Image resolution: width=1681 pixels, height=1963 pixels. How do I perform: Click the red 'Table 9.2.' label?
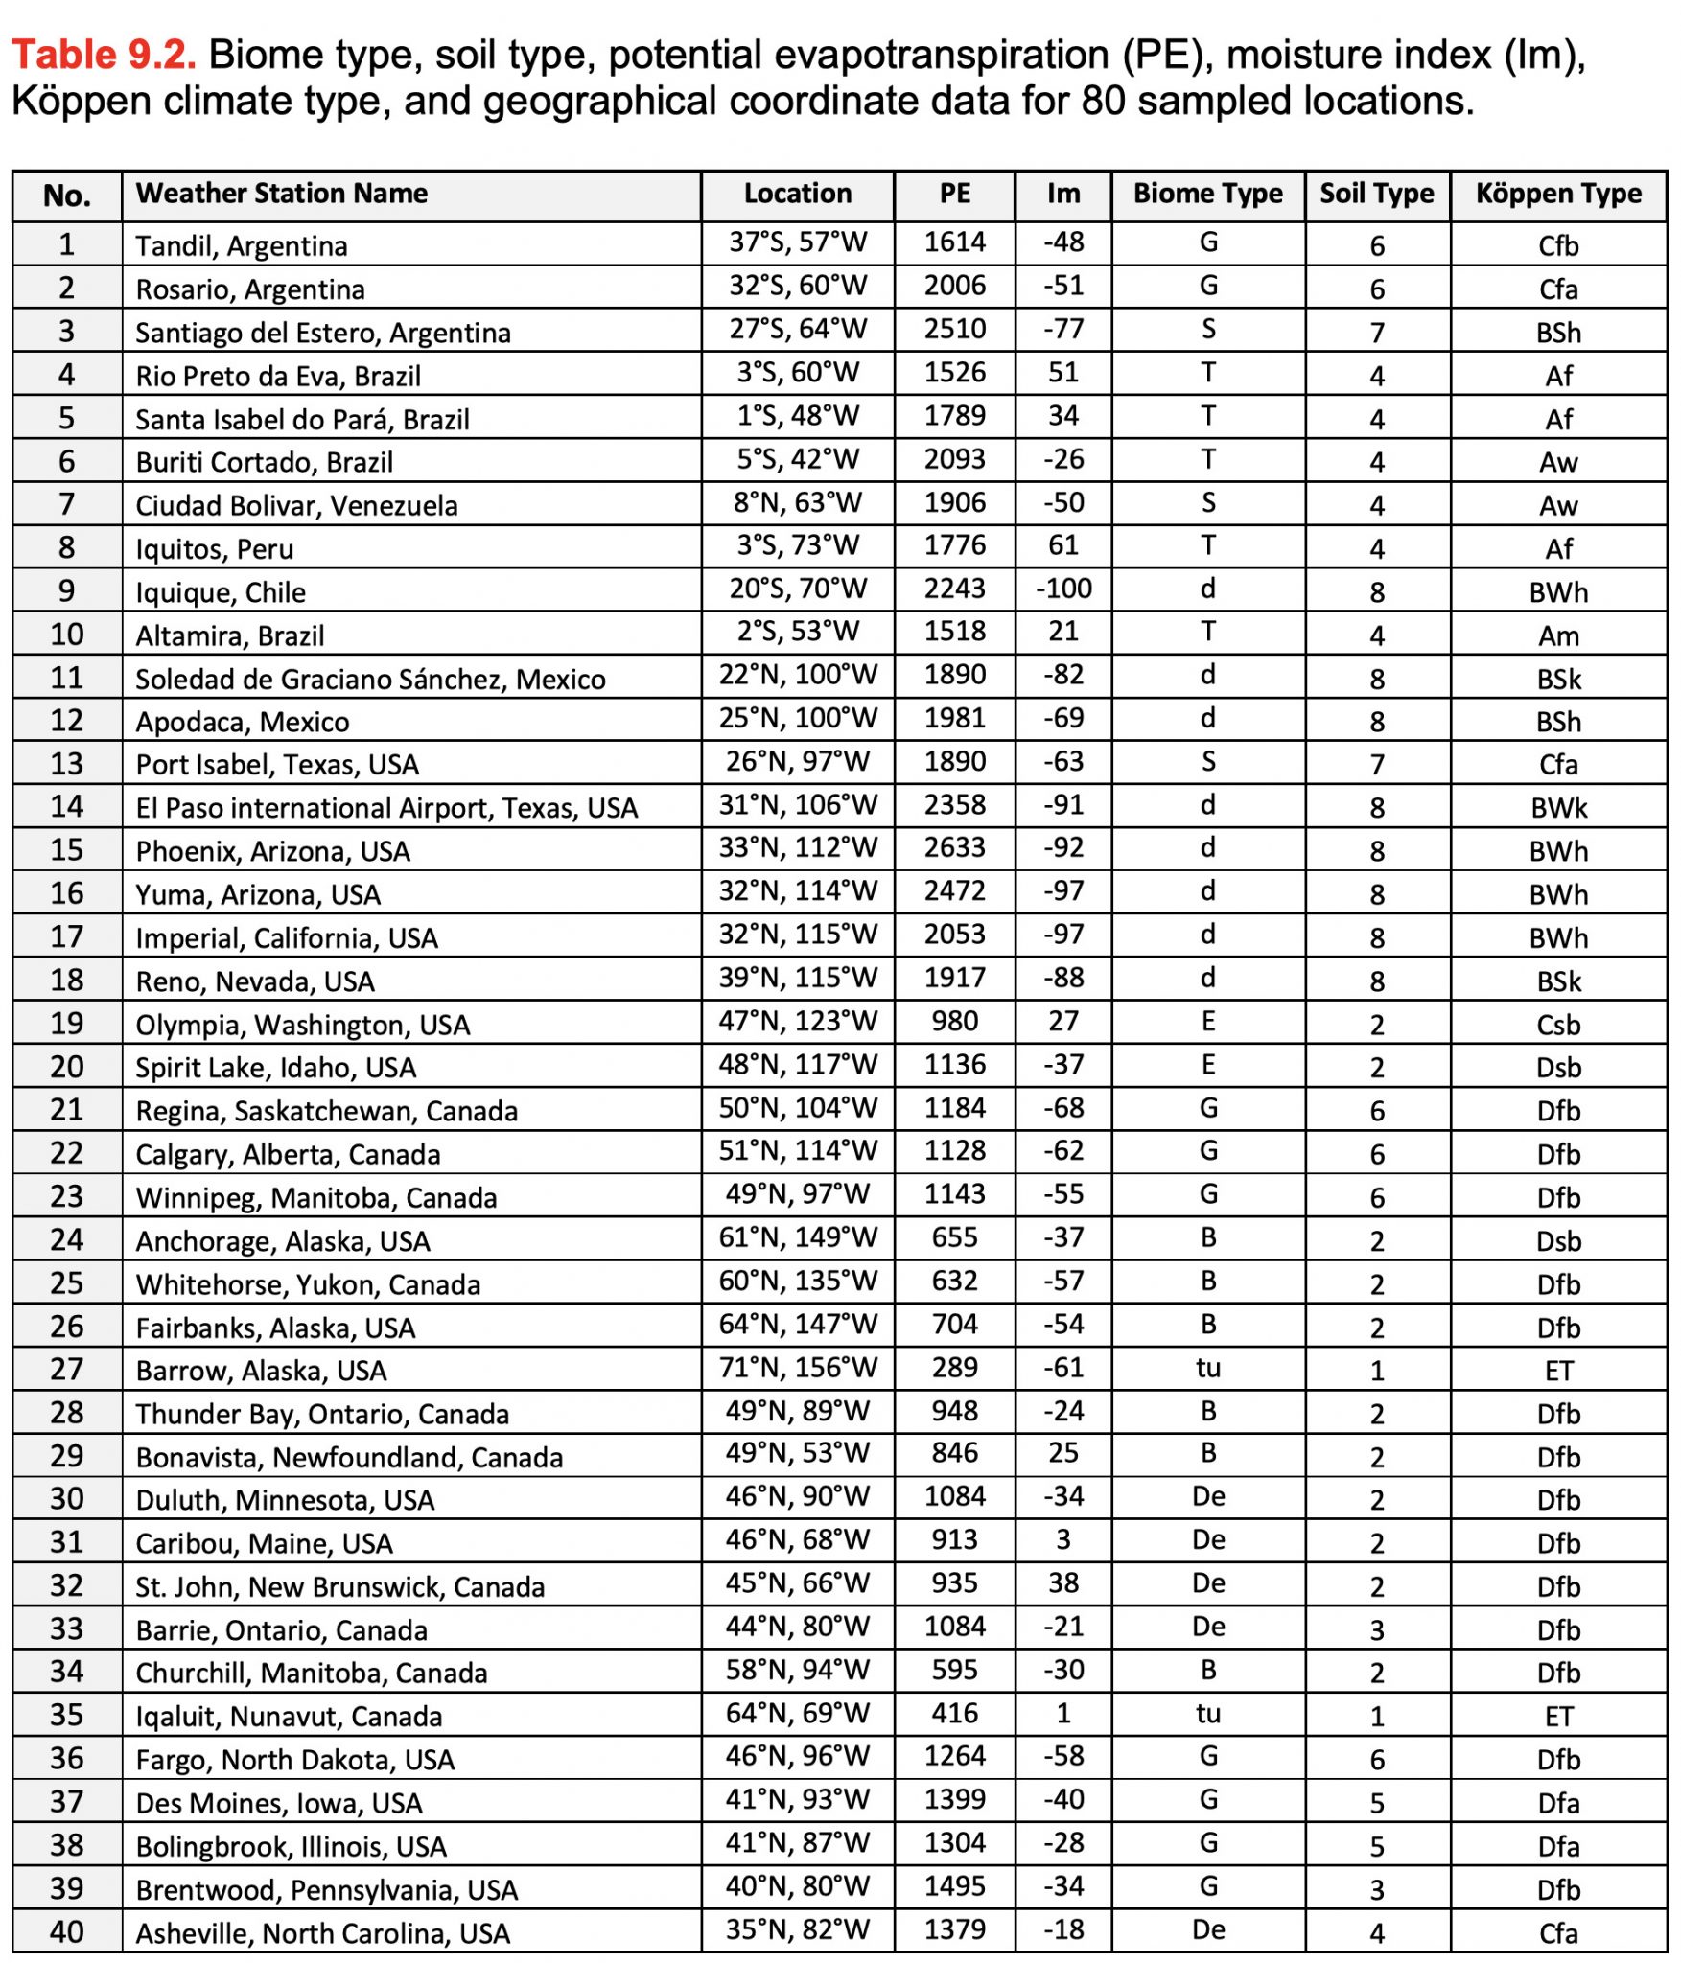[x=104, y=56]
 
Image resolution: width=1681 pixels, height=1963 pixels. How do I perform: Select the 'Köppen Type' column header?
[x=1557, y=195]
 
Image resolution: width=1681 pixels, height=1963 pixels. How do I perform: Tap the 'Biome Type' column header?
[x=1207, y=195]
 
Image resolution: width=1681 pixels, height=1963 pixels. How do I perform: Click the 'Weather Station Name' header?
[x=281, y=195]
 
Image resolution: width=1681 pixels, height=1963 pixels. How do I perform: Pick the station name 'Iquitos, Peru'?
[x=214, y=549]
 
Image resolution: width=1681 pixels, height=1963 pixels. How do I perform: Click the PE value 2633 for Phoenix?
[x=954, y=849]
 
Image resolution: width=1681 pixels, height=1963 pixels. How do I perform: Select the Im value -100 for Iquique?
[x=1062, y=589]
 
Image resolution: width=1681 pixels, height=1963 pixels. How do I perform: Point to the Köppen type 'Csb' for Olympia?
[x=1557, y=1025]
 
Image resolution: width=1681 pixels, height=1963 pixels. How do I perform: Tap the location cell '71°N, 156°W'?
[x=797, y=1369]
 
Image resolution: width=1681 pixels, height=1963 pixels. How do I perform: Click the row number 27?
[x=66, y=1370]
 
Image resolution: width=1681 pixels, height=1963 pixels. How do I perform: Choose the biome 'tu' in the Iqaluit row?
[x=1207, y=1715]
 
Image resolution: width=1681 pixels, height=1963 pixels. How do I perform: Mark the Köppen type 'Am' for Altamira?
[x=1557, y=636]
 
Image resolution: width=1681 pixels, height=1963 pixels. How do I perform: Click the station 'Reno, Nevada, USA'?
[x=254, y=981]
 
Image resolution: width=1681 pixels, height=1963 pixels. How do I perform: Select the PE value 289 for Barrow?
[x=954, y=1369]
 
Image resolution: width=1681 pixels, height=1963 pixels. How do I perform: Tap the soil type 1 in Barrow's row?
[x=1376, y=1371]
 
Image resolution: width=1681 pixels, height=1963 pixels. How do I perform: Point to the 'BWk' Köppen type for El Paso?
[x=1557, y=808]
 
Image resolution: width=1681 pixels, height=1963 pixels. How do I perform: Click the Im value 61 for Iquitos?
[x=1062, y=546]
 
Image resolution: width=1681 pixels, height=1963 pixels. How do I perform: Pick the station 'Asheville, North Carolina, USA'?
[x=322, y=1932]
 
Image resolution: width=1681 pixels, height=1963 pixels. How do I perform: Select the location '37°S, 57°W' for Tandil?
[x=797, y=243]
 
